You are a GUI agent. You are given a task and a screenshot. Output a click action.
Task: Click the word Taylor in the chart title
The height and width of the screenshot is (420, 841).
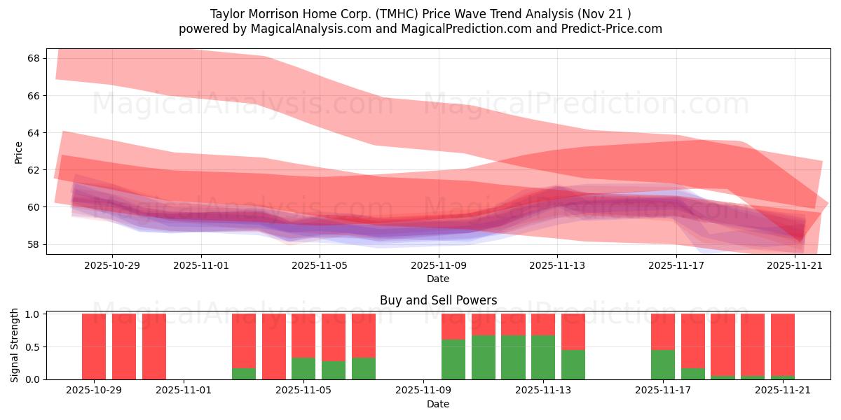pyautogui.click(x=225, y=14)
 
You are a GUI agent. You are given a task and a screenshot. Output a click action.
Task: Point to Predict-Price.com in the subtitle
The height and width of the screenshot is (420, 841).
pyautogui.click(x=616, y=29)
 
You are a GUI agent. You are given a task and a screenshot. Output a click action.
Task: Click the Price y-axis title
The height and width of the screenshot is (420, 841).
pyautogui.click(x=19, y=153)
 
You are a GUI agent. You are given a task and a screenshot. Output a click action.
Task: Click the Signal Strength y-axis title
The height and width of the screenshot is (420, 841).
pyautogui.click(x=15, y=345)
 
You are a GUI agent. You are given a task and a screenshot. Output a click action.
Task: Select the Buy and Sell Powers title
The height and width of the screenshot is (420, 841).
pyautogui.click(x=438, y=300)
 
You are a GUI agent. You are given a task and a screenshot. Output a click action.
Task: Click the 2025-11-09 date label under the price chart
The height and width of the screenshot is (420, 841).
pyautogui.click(x=438, y=265)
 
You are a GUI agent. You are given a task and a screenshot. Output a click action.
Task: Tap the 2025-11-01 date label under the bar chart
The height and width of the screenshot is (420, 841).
pyautogui.click(x=184, y=390)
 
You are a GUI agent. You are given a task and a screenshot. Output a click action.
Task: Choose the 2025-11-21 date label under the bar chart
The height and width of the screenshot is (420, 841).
pyautogui.click(x=783, y=390)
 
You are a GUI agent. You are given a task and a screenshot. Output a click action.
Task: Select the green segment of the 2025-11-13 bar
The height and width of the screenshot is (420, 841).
pyautogui.click(x=543, y=357)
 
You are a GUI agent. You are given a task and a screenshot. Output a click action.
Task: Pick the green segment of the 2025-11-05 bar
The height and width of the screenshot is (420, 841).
pyautogui.click(x=303, y=368)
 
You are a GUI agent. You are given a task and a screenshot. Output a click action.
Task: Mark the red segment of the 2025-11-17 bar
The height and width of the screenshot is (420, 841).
pyautogui.click(x=663, y=331)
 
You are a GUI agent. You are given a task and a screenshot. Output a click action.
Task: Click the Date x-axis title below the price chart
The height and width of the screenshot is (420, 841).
pyautogui.click(x=438, y=279)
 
